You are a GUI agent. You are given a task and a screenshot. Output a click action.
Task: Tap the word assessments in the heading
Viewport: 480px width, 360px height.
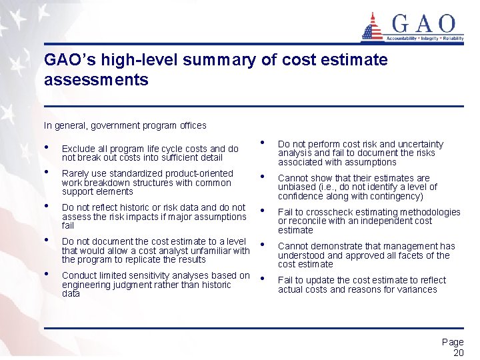[96, 80]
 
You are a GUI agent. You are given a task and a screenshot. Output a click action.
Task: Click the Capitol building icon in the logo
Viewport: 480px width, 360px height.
[372, 27]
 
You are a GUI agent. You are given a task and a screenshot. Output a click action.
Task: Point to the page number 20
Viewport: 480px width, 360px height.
[458, 353]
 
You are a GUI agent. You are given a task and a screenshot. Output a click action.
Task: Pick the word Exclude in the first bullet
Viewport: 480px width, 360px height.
[77, 149]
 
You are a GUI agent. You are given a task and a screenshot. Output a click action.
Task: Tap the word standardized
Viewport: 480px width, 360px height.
[138, 174]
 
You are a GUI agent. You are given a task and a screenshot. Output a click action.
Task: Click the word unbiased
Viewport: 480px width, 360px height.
[297, 187]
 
